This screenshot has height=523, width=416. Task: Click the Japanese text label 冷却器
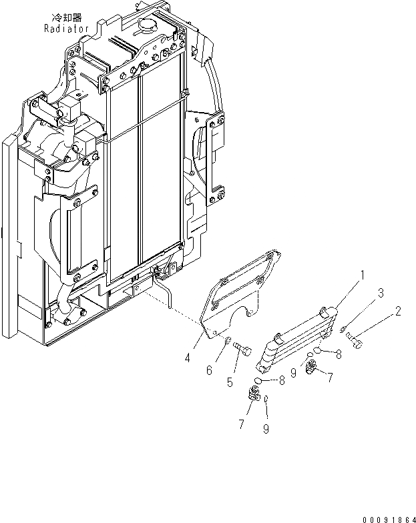tap(59, 19)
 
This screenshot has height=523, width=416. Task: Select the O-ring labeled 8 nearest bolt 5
tap(266, 382)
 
